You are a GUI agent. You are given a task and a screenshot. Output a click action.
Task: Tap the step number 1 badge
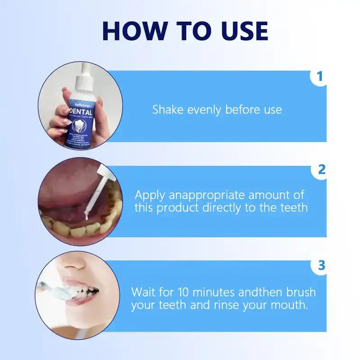[320, 76]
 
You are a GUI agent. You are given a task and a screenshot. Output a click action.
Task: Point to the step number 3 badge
[321, 265]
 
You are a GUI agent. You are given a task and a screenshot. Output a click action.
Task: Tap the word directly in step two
[243, 207]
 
